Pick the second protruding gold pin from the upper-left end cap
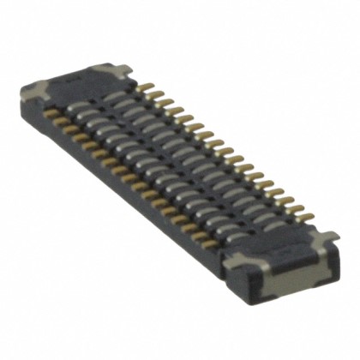coord(151,92)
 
